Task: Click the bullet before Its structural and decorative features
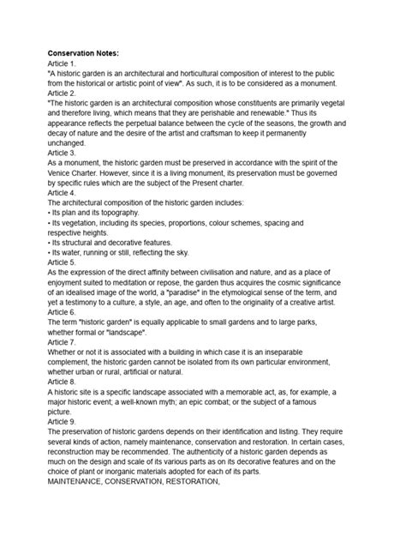point(50,243)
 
